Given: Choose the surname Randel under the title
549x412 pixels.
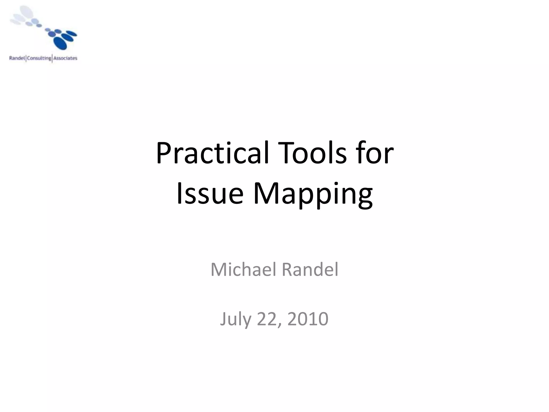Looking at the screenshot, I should [310, 270].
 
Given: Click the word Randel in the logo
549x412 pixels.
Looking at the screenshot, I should [17, 58].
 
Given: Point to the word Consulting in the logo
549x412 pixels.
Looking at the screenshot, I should [39, 58].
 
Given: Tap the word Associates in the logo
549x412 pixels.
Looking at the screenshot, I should [65, 58].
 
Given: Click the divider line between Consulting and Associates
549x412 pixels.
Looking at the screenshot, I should [52, 58].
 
